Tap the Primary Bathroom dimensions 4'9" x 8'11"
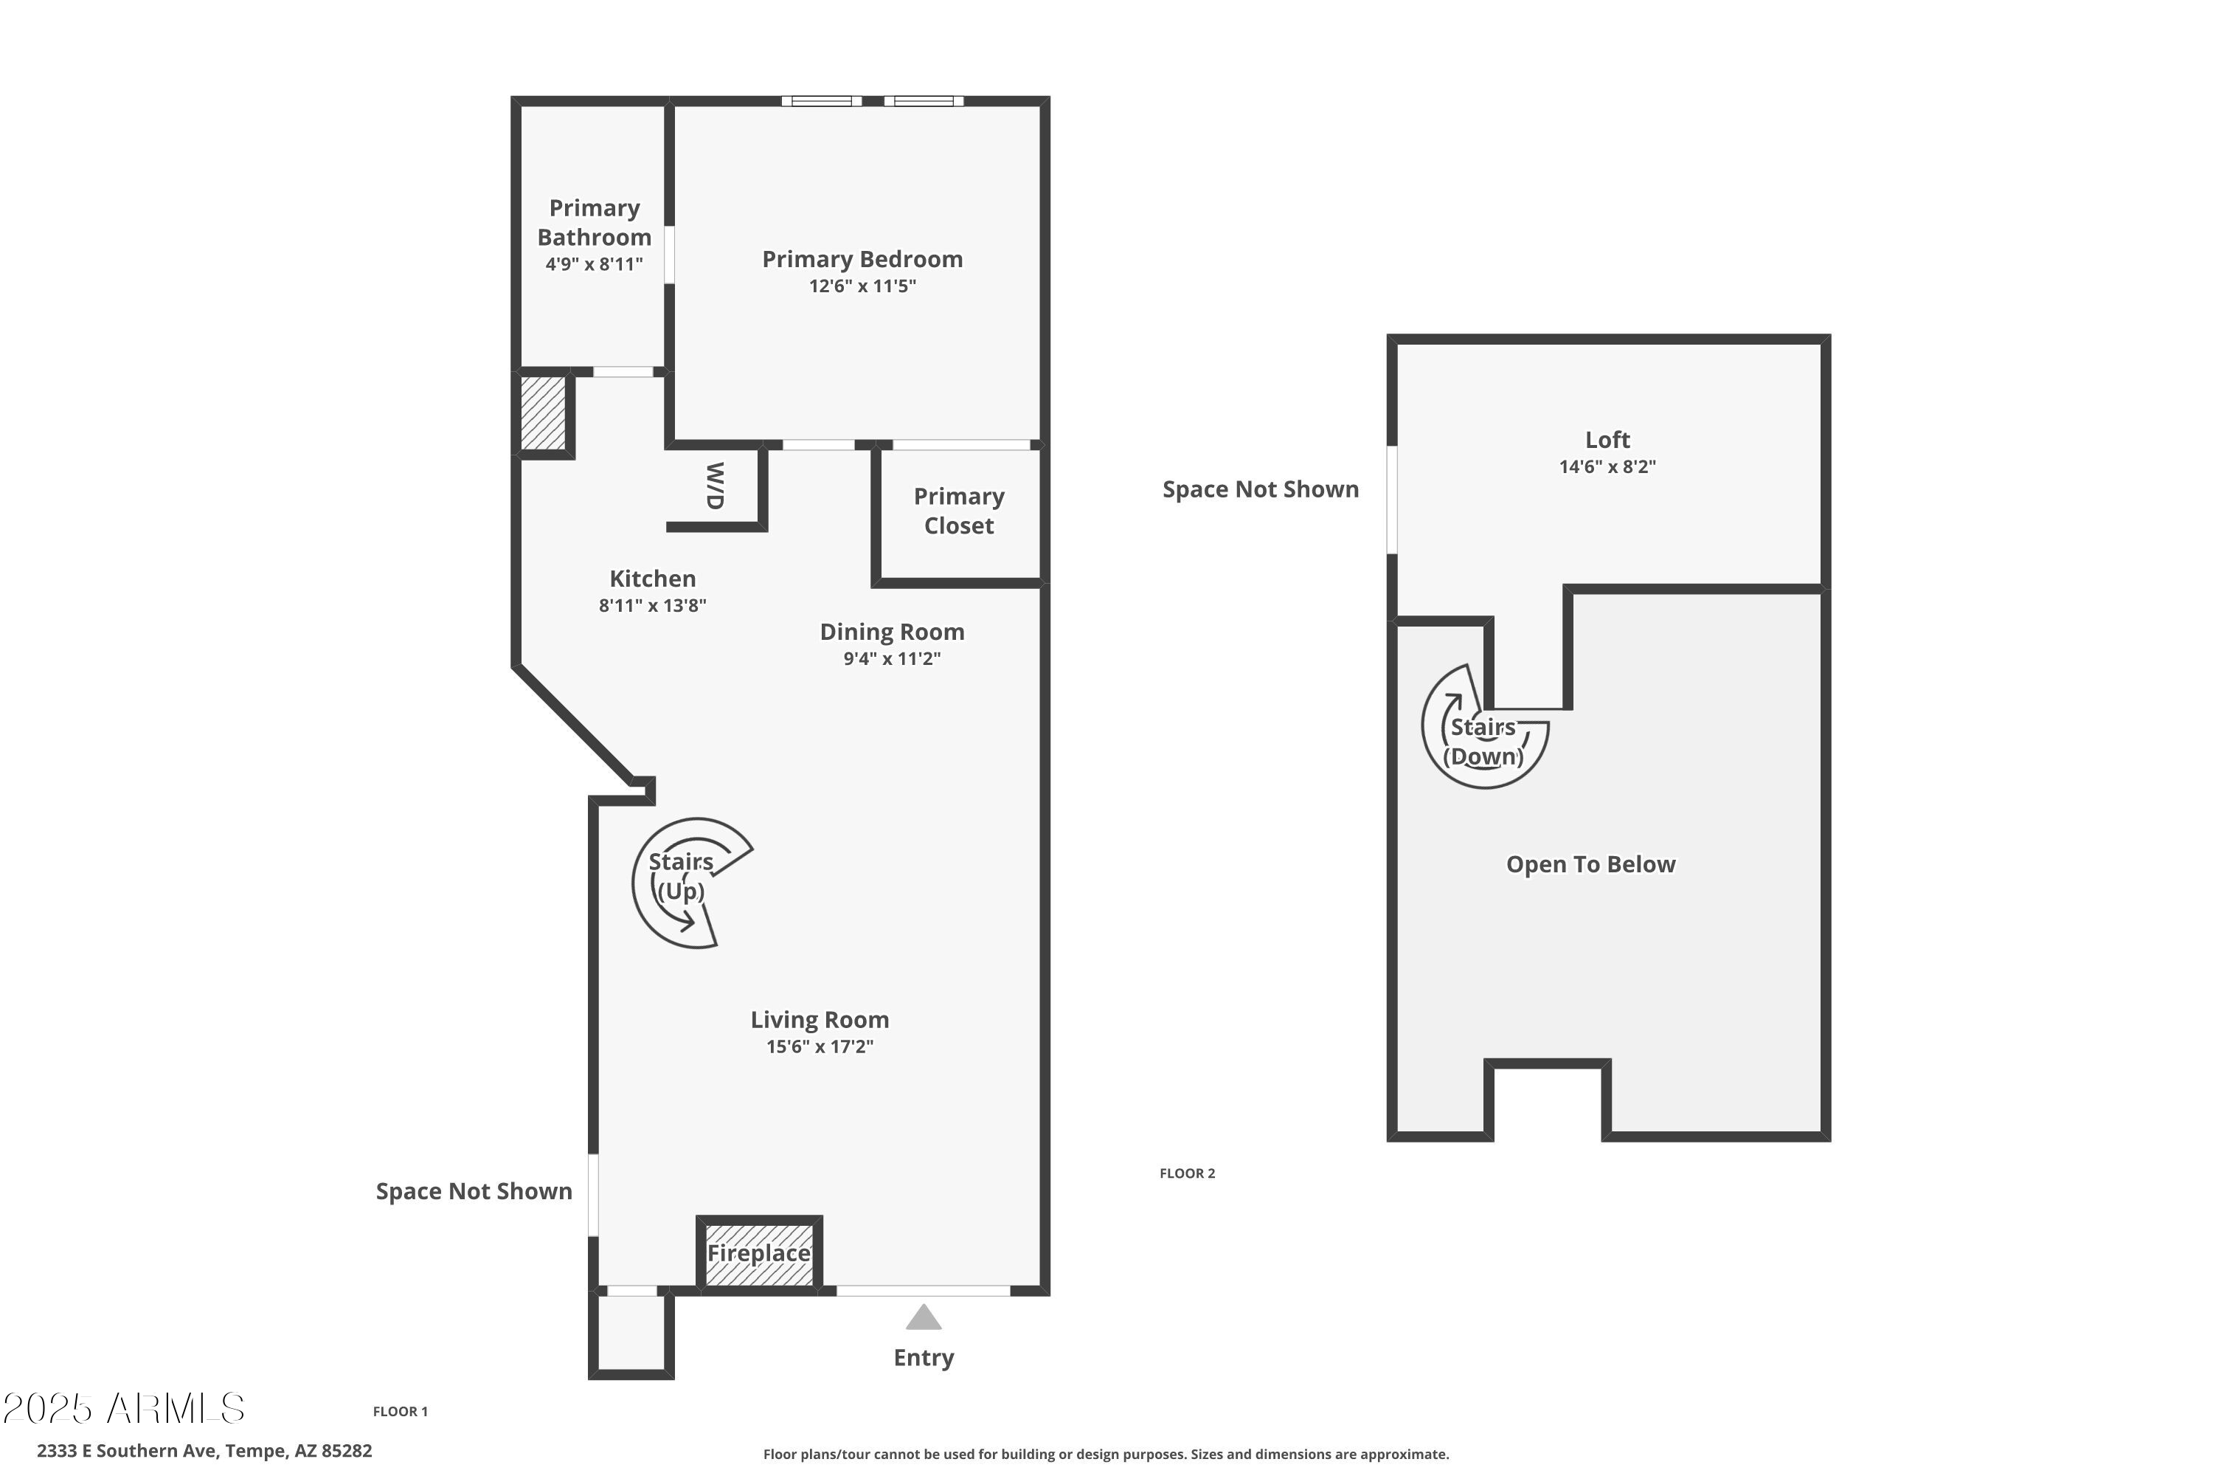coord(594,264)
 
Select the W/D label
coord(715,486)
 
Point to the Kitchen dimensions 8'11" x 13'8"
coord(652,605)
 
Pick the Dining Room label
coord(892,632)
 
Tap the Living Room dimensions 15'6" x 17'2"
coord(820,1046)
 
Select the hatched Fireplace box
coord(759,1254)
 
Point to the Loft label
coord(1607,440)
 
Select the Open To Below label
coord(1590,864)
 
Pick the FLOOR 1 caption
coord(400,1411)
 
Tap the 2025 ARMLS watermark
coord(123,1408)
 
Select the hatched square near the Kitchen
coord(544,413)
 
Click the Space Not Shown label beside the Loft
coord(1260,489)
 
